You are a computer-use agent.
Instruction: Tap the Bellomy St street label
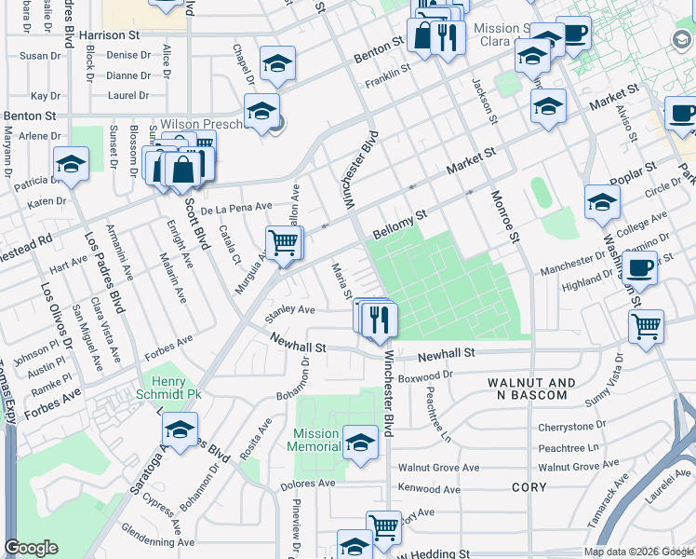click(x=399, y=224)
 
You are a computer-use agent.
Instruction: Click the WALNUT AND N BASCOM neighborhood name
click(x=528, y=389)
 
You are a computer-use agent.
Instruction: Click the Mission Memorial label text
click(x=316, y=440)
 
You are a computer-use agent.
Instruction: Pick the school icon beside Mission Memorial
click(x=360, y=443)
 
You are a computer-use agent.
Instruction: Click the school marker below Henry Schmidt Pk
click(x=180, y=429)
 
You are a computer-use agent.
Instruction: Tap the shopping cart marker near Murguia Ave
click(x=284, y=242)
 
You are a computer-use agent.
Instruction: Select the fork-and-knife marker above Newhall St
click(x=380, y=320)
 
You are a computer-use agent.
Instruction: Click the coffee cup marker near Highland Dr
click(x=639, y=267)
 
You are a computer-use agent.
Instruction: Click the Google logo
click(x=31, y=548)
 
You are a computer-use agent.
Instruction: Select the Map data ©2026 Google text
click(x=637, y=552)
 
